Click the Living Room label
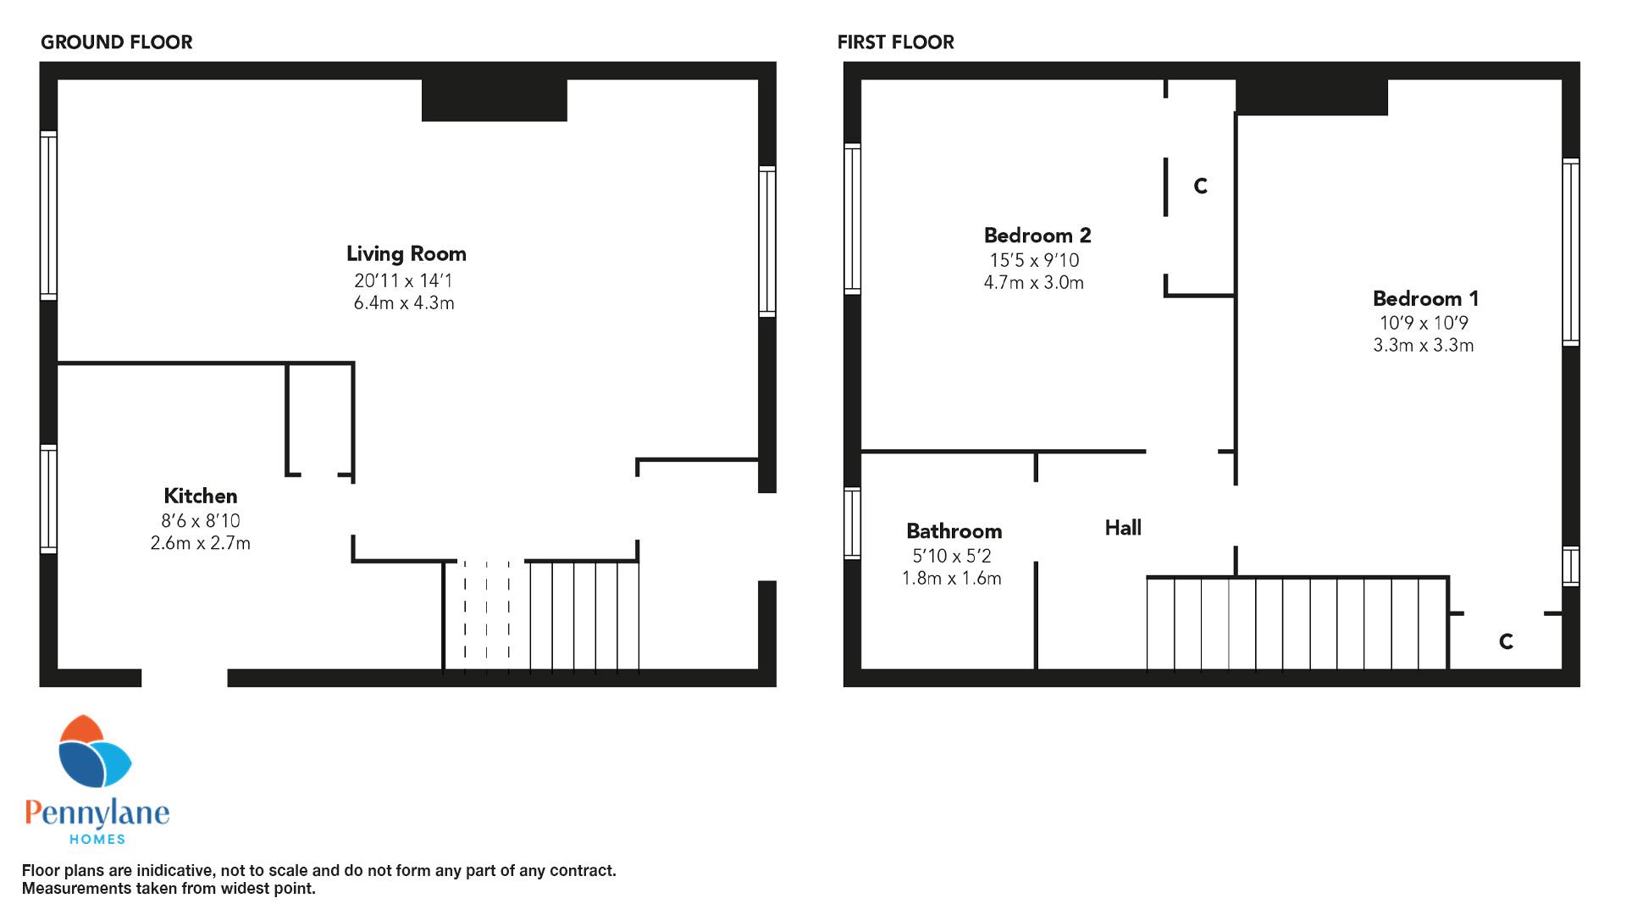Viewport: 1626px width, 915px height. (406, 253)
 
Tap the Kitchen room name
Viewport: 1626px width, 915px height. (201, 496)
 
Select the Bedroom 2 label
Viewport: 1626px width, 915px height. (1037, 235)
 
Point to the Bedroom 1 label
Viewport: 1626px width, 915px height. (1426, 298)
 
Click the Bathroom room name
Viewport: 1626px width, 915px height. (954, 531)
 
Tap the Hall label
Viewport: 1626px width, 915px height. (1123, 528)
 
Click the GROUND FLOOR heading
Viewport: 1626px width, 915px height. (117, 42)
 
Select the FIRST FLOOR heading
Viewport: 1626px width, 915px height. (896, 42)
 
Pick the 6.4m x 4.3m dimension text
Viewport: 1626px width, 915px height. (404, 303)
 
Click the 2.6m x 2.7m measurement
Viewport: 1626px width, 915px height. (201, 543)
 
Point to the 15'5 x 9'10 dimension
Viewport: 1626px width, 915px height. (1035, 260)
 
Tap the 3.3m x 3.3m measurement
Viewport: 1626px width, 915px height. (1424, 345)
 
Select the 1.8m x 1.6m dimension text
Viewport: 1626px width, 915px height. (952, 579)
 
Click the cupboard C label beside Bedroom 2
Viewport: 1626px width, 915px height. (1200, 186)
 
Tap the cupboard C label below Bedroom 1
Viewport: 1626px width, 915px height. (1506, 641)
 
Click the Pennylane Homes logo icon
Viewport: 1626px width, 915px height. (94, 751)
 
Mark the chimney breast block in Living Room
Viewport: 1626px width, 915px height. (495, 100)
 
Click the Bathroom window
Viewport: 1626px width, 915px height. (853, 524)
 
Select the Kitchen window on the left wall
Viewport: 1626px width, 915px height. (49, 499)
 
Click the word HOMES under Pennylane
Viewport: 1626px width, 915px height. (97, 840)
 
